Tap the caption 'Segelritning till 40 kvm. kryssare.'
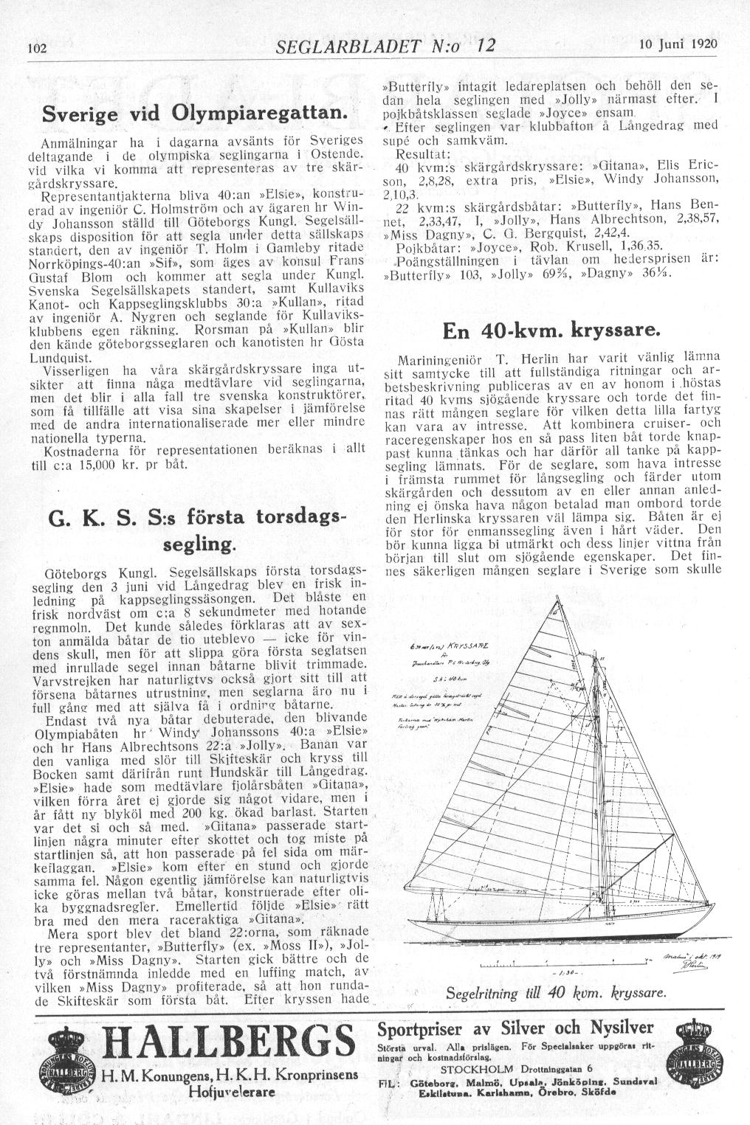pyautogui.click(x=557, y=993)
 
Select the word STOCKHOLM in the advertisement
pyautogui.click(x=473, y=1068)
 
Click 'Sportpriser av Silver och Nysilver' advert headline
pyautogui.click(x=516, y=1028)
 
